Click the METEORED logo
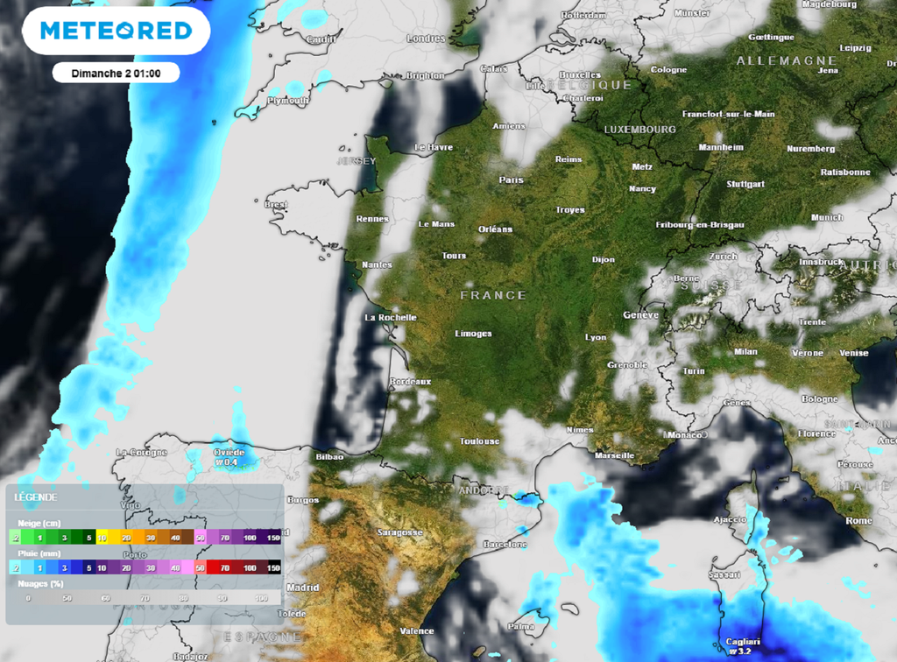116,31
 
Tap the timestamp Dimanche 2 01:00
115,73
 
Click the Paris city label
511,180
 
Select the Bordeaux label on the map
411,382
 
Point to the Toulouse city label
479,441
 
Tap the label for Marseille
614,455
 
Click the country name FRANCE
493,296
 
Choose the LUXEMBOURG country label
639,130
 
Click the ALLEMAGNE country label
786,60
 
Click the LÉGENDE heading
36,497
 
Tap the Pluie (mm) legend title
36,553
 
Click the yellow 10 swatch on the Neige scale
102,537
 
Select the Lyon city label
596,337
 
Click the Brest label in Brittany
276,204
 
